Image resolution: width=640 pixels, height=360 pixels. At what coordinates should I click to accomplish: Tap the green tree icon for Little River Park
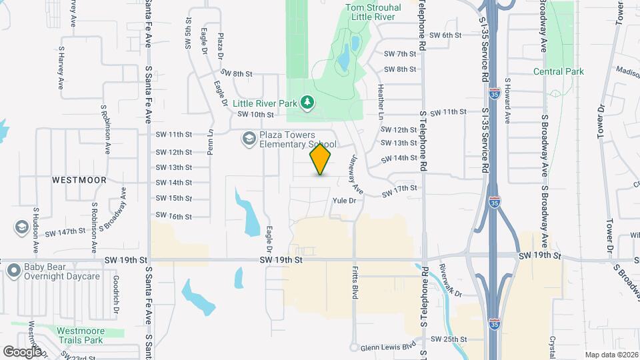tap(307, 102)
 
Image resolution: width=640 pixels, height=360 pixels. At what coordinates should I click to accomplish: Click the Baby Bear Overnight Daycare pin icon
tap(13, 271)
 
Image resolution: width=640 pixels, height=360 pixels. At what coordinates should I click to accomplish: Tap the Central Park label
tap(558, 71)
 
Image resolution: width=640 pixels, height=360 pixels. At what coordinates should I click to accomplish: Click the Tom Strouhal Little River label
tap(373, 13)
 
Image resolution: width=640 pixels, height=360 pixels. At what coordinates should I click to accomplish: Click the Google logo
tap(22, 351)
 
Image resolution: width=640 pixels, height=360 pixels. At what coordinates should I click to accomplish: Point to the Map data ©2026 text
tap(611, 355)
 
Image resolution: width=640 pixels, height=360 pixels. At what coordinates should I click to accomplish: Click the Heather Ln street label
tap(381, 101)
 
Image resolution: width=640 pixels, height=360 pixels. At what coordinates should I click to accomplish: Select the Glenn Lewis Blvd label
tap(388, 347)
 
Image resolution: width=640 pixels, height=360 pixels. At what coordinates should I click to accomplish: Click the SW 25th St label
tap(447, 339)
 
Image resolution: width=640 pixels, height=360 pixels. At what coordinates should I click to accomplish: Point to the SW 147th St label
tap(63, 231)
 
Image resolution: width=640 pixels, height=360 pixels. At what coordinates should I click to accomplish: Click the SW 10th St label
tap(256, 114)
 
